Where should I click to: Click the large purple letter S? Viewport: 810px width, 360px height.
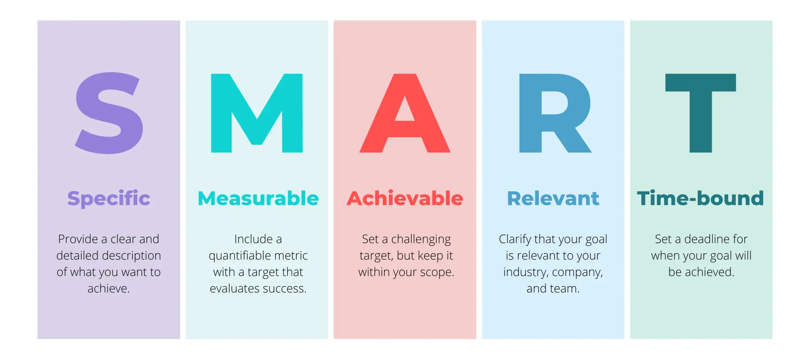point(109,113)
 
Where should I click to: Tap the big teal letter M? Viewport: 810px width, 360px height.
point(257,113)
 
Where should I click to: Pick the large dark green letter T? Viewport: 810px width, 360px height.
point(701,113)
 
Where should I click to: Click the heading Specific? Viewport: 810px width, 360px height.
point(109,198)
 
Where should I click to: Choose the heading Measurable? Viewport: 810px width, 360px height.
point(258,198)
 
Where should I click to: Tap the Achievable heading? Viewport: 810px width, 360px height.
point(405,198)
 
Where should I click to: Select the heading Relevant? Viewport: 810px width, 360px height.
point(553,198)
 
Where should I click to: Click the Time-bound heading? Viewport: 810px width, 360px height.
point(701,198)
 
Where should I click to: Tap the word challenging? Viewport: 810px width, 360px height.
point(421,240)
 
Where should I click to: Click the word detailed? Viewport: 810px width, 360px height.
point(76,255)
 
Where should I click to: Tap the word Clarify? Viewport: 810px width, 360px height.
point(515,240)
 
